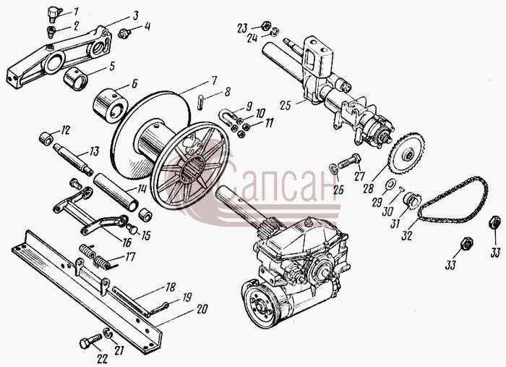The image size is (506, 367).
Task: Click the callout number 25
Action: [x=286, y=106]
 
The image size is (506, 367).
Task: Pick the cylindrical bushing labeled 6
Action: [x=110, y=105]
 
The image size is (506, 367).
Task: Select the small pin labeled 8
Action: [x=200, y=102]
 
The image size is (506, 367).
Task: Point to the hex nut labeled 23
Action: [x=265, y=25]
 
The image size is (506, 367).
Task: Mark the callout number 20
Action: [x=202, y=310]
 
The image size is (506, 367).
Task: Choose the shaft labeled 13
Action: [x=73, y=159]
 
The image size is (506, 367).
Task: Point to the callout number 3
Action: [x=135, y=15]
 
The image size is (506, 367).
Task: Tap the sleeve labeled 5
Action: [x=77, y=80]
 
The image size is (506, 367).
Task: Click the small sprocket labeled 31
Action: [x=410, y=201]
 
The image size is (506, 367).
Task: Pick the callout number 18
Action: [x=171, y=287]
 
